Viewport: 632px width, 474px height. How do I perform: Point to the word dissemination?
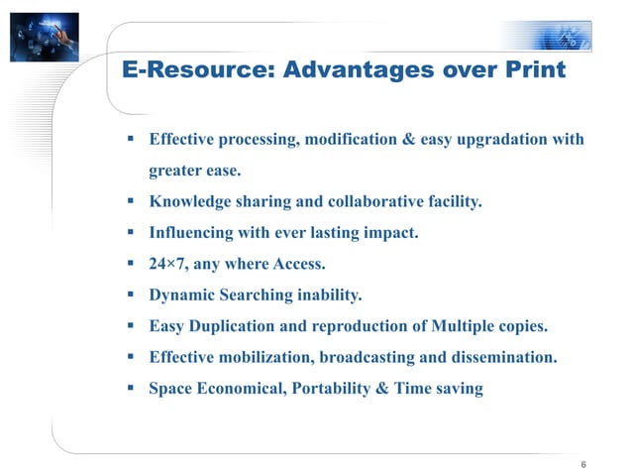[x=504, y=357]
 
